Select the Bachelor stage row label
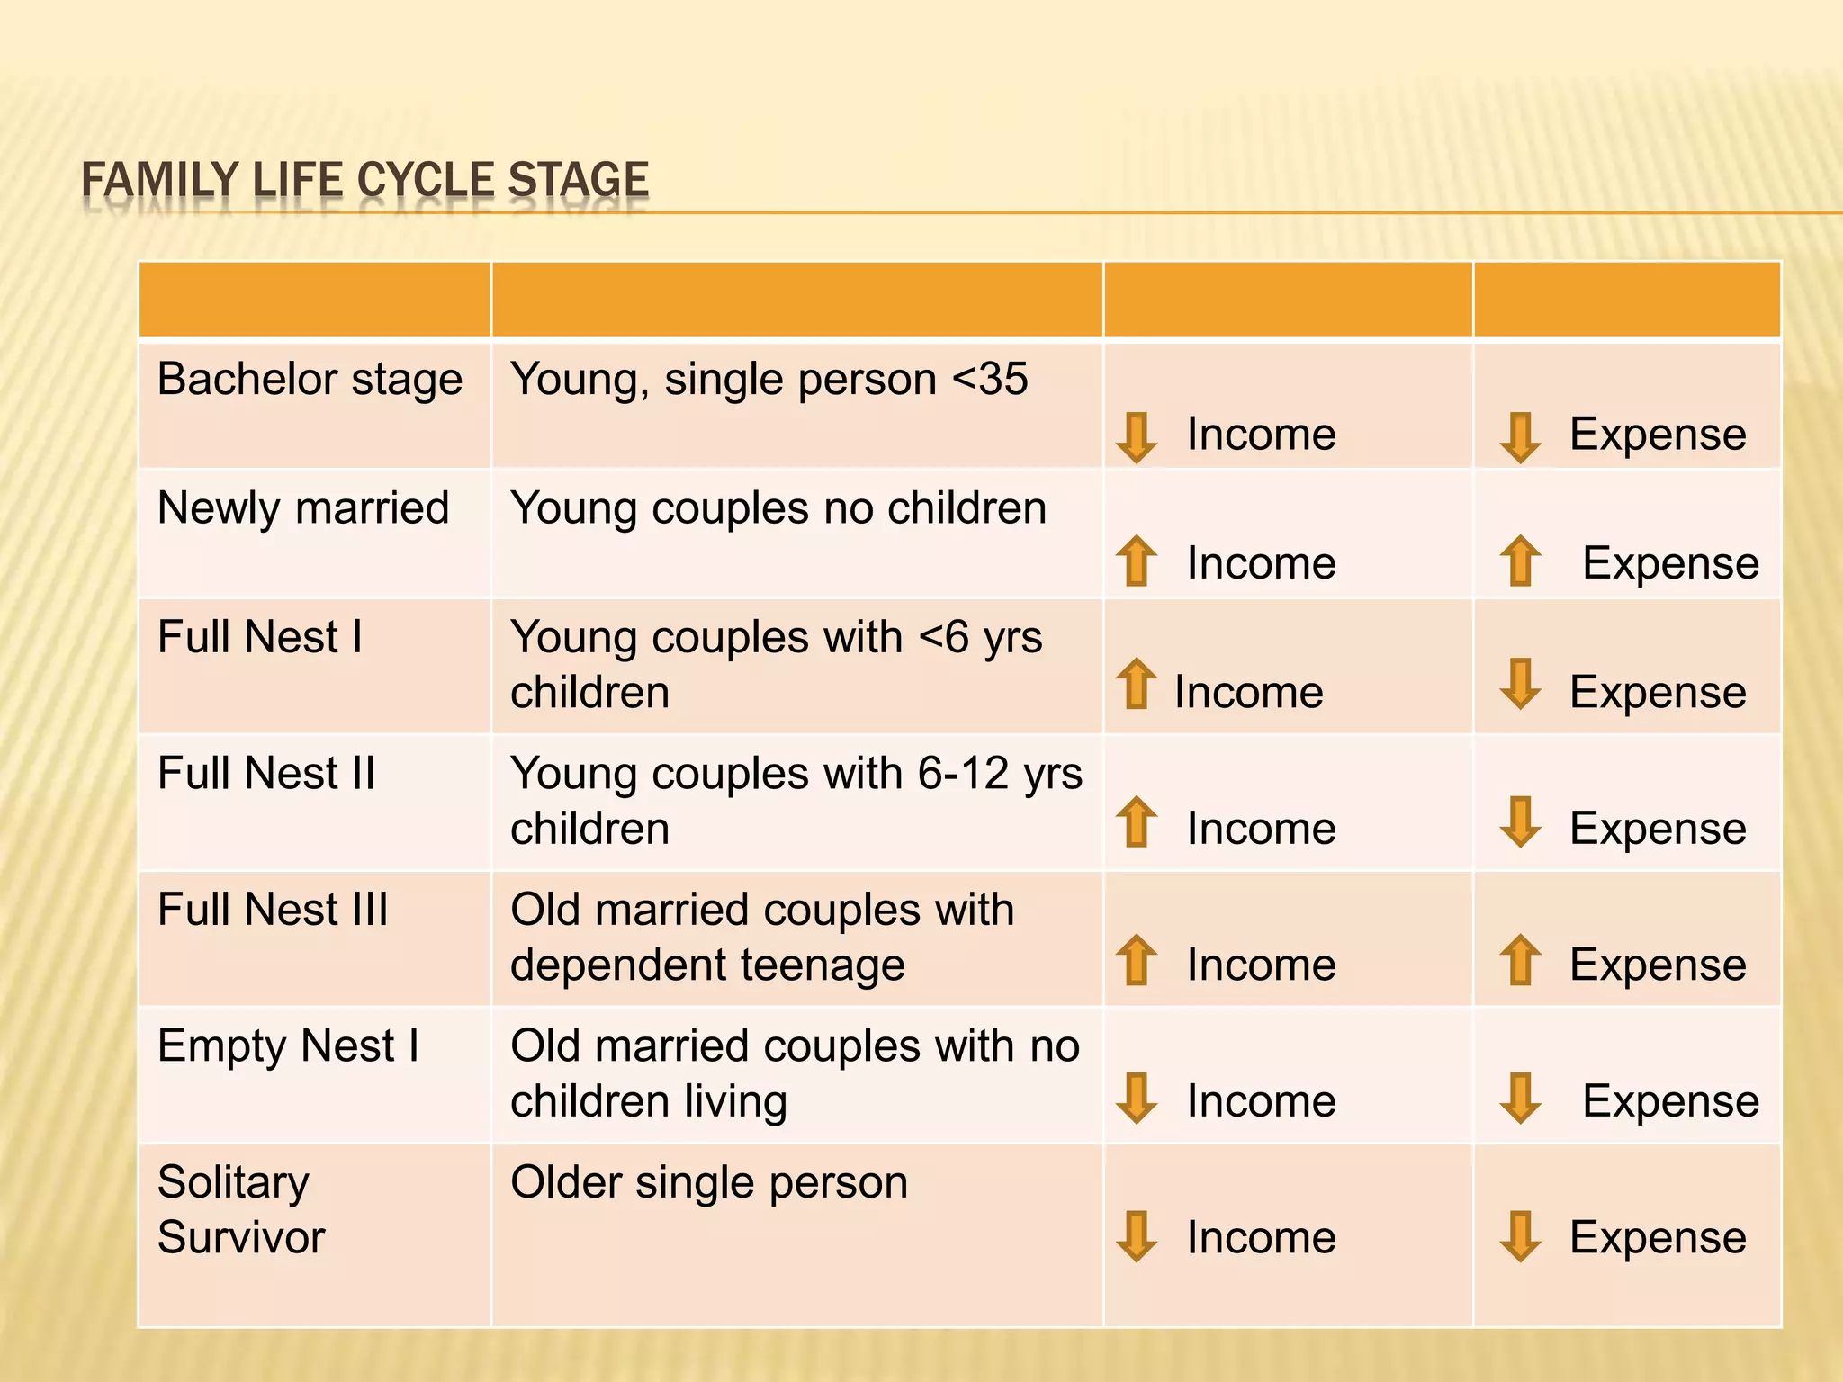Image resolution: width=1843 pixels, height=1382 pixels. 310,379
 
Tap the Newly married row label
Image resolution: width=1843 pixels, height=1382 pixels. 303,508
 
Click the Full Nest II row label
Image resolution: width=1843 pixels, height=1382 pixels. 265,774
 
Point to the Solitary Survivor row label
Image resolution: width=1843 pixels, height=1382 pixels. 240,1209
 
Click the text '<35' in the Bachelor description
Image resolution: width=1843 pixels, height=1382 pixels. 990,379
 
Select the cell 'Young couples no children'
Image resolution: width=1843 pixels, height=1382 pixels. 778,508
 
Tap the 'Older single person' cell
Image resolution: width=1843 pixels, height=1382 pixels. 709,1182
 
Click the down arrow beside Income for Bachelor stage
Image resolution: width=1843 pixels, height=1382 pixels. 1136,437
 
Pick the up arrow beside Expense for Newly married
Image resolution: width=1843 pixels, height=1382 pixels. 1520,561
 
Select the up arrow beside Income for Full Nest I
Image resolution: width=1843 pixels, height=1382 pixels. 1136,683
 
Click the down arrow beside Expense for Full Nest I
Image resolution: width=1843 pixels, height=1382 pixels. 1520,684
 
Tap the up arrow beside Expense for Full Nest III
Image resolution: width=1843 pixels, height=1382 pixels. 1520,959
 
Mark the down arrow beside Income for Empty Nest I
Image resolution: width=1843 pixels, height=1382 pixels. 1136,1098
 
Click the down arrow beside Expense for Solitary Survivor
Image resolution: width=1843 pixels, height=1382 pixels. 1520,1236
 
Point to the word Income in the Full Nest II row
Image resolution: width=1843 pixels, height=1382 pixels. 1261,829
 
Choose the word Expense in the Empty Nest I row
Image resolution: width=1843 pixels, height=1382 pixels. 1670,1101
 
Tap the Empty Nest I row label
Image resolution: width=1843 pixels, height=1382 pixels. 288,1046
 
